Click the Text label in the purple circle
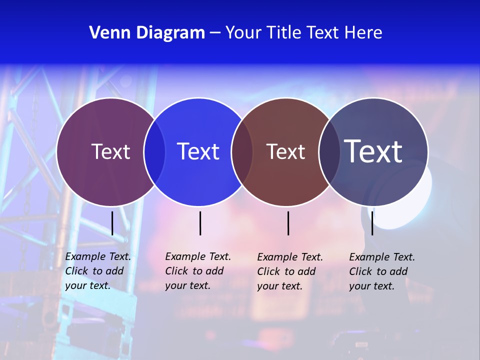110,151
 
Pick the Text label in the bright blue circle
198,151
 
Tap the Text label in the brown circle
285,151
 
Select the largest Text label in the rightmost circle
373,151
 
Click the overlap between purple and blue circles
154,151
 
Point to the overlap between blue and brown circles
242,151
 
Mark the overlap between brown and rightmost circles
329,151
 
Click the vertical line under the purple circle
112,223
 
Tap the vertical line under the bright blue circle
200,223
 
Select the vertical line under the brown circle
288,223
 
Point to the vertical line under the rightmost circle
372,223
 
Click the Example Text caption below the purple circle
97,271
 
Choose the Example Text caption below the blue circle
197,271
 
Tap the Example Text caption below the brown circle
289,271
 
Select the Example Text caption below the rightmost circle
381,271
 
